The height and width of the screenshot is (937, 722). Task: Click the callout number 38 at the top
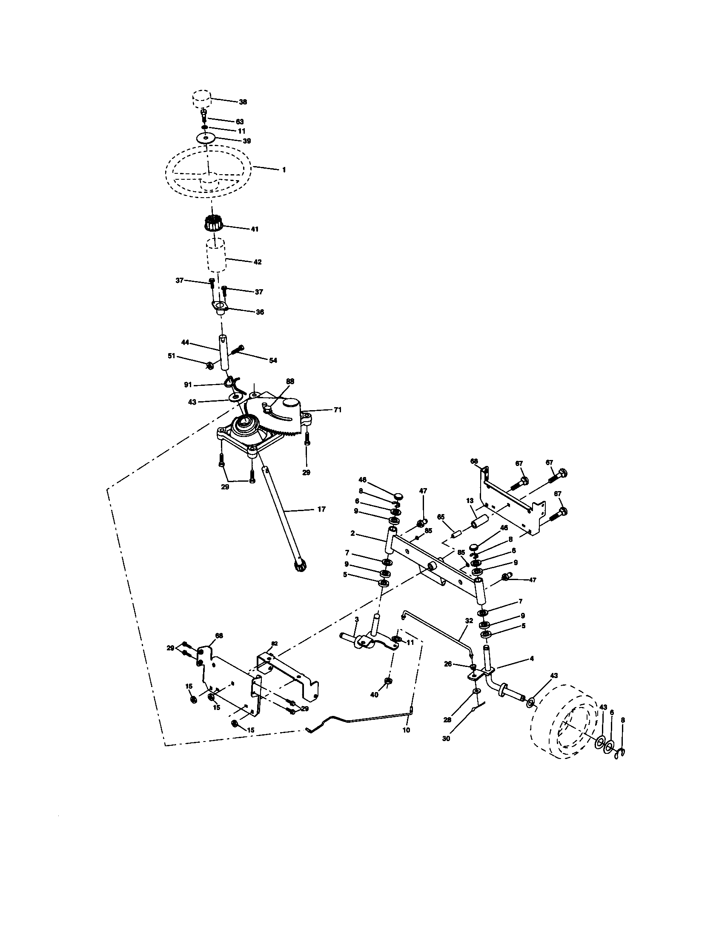[x=243, y=102]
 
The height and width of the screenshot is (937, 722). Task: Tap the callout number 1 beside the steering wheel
[x=284, y=170]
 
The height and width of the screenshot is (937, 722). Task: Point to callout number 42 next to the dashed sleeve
[x=257, y=262]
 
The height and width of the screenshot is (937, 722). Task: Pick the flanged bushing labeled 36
[x=220, y=307]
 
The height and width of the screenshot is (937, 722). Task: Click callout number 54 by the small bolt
[x=273, y=360]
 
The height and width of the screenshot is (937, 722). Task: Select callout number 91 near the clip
[x=188, y=385]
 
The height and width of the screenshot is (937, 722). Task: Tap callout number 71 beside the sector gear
[x=338, y=410]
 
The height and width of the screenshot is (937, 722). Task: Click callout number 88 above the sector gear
[x=290, y=381]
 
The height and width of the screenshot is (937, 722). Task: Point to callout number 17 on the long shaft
[x=321, y=509]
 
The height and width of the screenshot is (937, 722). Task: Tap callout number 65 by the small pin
[x=441, y=518]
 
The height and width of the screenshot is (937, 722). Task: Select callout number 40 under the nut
[x=374, y=695]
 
